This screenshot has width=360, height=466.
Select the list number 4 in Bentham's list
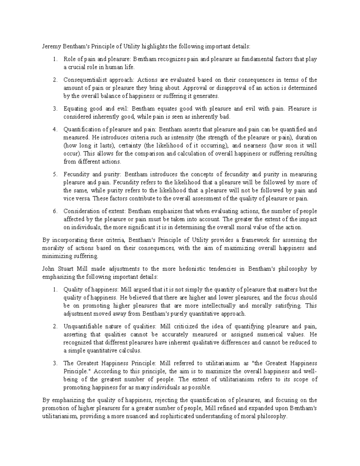pos(55,129)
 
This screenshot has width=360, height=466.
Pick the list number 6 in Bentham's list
pos(55,211)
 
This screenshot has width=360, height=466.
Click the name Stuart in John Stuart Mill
pos(64,269)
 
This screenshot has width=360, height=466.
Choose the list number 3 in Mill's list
pos(55,363)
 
